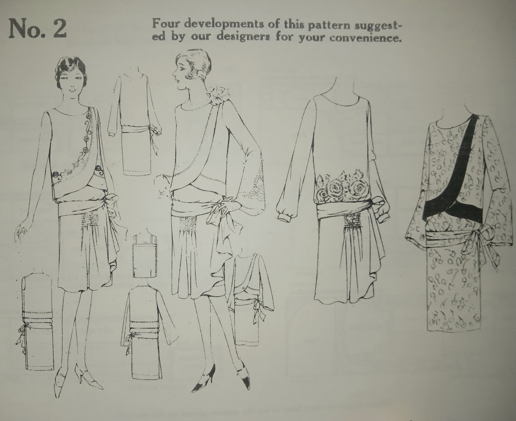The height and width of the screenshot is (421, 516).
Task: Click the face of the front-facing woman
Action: (x=71, y=85)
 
